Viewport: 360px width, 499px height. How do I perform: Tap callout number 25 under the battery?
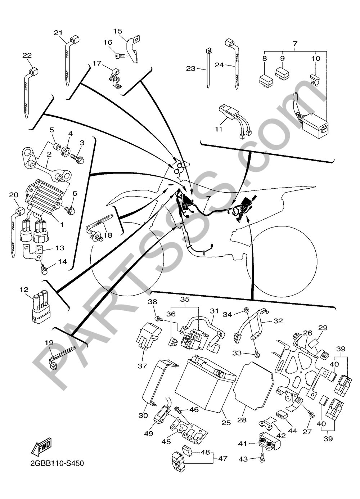point(226,429)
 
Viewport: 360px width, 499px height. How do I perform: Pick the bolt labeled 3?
point(77,159)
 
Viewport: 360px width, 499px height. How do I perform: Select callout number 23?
point(190,69)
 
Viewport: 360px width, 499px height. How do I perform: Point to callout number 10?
point(316,59)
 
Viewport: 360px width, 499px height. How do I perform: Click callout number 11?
point(219,129)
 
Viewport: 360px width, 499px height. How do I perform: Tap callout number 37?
point(142,366)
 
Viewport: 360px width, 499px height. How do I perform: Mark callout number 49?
point(149,433)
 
